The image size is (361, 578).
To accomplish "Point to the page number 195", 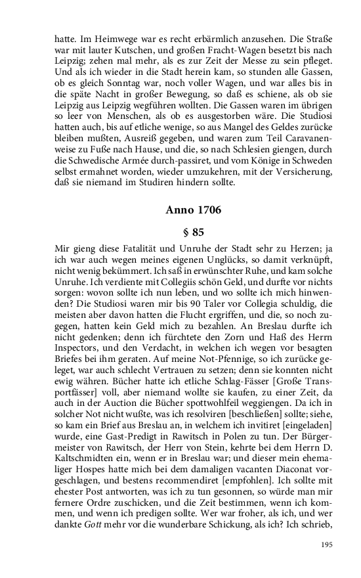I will (328, 545).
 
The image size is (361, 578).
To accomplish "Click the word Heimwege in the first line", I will (110, 38).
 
